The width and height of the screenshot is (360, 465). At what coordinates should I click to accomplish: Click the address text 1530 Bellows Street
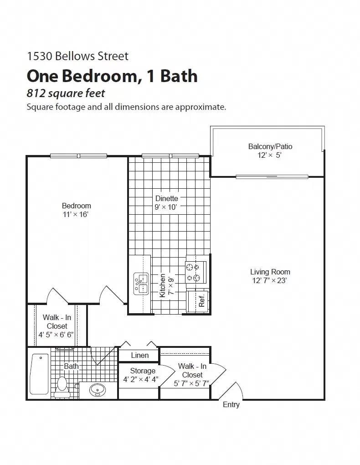[x=77, y=56]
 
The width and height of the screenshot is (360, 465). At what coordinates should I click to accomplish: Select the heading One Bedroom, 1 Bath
[x=112, y=76]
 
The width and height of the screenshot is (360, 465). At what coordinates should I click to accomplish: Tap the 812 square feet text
[x=66, y=93]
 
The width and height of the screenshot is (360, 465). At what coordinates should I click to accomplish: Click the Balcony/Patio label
[x=270, y=146]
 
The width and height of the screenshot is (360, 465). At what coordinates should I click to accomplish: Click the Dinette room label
[x=166, y=199]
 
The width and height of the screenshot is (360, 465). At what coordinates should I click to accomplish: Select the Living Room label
[x=270, y=272]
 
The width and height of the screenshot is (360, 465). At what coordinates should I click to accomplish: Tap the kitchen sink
[x=141, y=284]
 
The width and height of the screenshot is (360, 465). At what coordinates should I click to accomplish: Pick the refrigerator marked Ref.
[x=198, y=301]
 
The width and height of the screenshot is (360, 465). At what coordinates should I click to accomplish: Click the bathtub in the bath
[x=40, y=374]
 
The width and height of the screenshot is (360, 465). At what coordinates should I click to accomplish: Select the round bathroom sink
[x=97, y=390]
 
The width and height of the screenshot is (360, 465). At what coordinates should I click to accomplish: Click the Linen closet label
[x=139, y=356]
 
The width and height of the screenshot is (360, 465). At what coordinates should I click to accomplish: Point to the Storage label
[x=143, y=371]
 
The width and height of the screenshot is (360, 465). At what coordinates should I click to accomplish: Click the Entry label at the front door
[x=231, y=404]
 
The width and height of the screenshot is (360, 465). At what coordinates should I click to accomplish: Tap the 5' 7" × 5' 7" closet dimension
[x=191, y=383]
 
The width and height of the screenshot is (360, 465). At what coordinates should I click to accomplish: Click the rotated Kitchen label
[x=163, y=286]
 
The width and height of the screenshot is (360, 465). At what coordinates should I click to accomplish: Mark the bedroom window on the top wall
[x=78, y=156]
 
